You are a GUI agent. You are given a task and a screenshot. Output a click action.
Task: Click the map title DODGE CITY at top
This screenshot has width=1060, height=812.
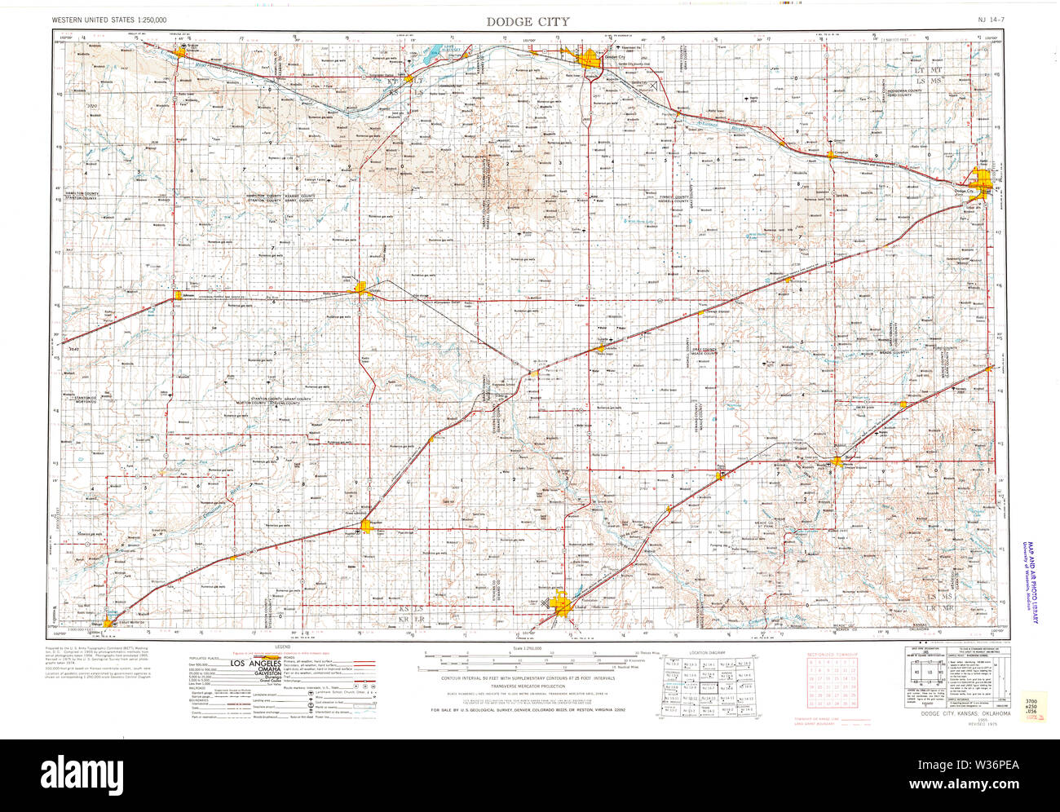click(528, 21)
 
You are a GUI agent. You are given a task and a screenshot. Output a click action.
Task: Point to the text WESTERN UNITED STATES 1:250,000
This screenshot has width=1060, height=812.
click(108, 18)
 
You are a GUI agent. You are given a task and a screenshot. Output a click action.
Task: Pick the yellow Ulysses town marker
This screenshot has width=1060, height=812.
click(361, 287)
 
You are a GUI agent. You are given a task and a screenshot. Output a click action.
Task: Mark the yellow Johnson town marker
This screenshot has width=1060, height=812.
click(177, 295)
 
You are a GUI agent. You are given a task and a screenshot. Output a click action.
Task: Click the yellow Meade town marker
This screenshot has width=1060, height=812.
click(835, 462)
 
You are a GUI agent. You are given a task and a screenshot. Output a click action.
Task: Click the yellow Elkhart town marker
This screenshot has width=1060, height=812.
click(107, 624)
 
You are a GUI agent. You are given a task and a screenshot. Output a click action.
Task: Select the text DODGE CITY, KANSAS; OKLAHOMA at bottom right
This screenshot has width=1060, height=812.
click(965, 713)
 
